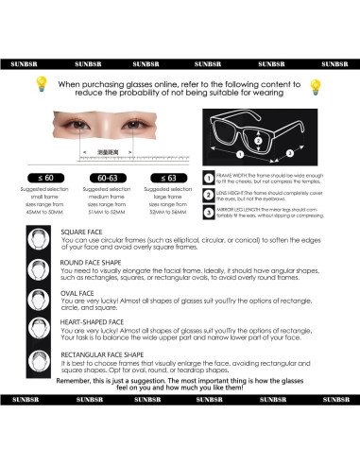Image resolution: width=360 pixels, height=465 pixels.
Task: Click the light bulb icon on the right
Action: tap(316, 87)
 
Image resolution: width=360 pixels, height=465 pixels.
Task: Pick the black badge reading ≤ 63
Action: tap(171, 177)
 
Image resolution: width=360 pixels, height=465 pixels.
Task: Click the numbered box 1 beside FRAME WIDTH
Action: tap(208, 177)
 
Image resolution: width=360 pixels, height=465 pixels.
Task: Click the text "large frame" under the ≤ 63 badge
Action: tap(171, 197)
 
